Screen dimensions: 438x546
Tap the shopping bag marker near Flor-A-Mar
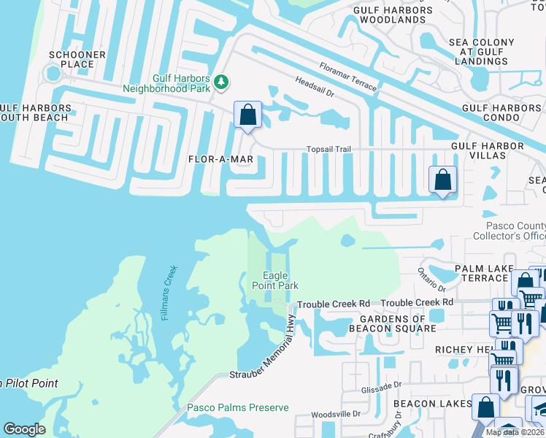tap(247, 115)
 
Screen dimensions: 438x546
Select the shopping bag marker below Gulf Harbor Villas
tap(442, 180)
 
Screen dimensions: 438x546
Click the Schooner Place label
tap(77, 59)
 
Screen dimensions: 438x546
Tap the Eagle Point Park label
tap(281, 280)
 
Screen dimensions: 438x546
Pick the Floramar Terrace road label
tap(347, 77)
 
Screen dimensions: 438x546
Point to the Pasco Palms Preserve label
tap(238, 407)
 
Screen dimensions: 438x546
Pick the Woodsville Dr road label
tap(336, 414)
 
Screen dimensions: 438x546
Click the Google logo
tap(24, 429)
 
